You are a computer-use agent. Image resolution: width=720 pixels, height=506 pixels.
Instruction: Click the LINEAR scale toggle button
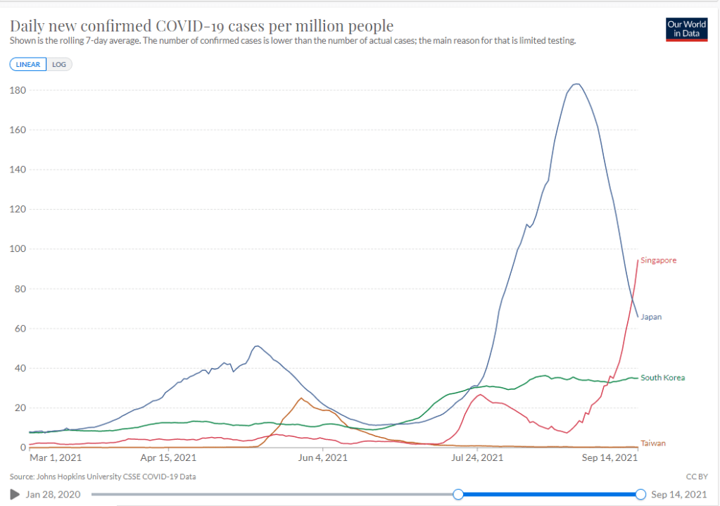28,64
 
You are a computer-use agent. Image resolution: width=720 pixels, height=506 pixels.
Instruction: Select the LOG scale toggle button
59,64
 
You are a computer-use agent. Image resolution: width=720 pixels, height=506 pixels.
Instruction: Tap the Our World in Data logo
686,29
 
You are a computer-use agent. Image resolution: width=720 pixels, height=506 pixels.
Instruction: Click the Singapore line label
658,260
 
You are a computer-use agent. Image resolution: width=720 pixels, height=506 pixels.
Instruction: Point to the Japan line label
651,317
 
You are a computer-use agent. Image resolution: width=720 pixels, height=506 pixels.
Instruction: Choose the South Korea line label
662,378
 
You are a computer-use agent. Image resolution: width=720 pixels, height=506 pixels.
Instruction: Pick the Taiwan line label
652,443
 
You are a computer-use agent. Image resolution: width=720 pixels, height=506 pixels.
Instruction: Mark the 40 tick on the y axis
19,368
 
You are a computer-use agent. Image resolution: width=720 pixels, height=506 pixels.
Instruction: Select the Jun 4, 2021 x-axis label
322,457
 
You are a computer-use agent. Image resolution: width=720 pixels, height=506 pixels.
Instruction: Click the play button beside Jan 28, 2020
15,494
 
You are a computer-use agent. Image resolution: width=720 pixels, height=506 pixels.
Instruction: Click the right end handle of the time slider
640,494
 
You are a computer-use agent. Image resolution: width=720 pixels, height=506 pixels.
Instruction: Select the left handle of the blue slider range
458,494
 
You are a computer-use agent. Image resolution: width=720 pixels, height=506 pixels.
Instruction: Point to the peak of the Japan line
576,84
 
